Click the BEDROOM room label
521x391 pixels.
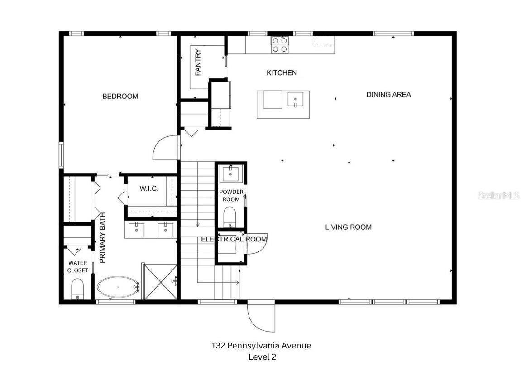120,96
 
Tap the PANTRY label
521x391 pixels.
198,62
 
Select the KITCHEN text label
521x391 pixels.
282,72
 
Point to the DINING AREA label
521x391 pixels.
388,94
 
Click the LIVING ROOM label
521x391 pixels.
348,227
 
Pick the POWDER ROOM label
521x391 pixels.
231,196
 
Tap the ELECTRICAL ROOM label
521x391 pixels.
234,239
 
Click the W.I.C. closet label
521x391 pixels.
149,188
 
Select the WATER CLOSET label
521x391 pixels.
77,266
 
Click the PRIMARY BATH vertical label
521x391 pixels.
103,238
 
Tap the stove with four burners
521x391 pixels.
280,44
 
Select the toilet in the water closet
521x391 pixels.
78,289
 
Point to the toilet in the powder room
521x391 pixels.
230,216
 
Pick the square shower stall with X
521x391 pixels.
160,282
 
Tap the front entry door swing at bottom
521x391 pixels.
261,317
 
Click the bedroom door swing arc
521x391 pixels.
165,147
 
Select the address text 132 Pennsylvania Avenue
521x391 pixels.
261,345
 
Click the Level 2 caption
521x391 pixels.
262,357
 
